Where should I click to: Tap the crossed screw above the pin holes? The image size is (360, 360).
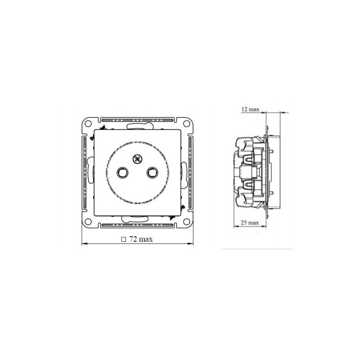137,158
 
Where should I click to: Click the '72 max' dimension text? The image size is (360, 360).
141,239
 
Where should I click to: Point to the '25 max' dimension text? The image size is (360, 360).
250,222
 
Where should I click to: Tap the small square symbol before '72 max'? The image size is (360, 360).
123,240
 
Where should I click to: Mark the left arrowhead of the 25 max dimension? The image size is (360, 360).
235,227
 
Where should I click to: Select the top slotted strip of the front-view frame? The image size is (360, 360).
137,121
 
